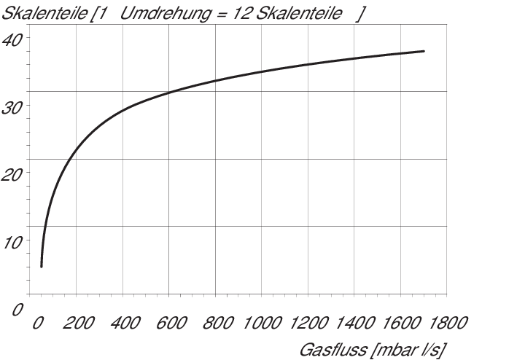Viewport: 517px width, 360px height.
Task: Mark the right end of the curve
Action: click(424, 51)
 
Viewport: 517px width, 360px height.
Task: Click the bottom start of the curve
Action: click(42, 267)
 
